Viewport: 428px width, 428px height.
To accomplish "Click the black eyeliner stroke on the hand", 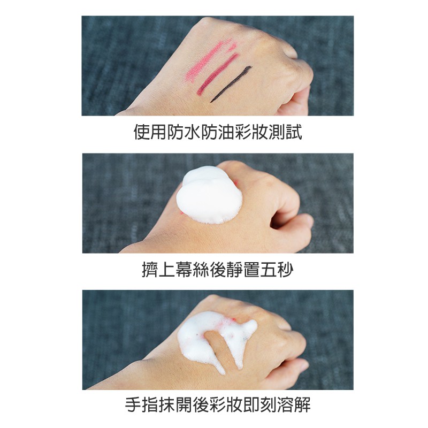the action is pos(231,85).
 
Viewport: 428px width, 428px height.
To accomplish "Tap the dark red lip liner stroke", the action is pos(217,74).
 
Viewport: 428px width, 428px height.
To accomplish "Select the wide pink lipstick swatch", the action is pos(211,60).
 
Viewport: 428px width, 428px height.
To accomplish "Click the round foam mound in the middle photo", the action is pos(209,195).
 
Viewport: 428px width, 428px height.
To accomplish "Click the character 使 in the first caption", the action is pos(142,133).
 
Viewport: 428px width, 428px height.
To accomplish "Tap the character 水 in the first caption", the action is pos(192,133).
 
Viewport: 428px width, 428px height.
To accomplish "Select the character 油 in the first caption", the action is pos(226,133).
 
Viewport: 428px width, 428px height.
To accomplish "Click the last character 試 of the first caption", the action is pos(294,133).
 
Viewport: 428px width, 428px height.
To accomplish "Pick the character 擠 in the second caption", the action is pos(150,270).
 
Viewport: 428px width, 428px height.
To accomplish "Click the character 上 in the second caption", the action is pos(167,270).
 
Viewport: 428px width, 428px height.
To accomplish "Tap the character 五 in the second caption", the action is pos(269,270).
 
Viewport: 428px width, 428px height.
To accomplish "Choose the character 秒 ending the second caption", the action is pos(286,270).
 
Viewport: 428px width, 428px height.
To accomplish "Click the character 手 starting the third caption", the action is pos(133,405).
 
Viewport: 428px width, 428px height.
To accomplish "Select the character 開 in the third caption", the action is pos(184,405).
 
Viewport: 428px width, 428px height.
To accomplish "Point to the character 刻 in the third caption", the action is pos(269,405).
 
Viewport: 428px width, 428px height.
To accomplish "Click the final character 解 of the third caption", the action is pos(302,405).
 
